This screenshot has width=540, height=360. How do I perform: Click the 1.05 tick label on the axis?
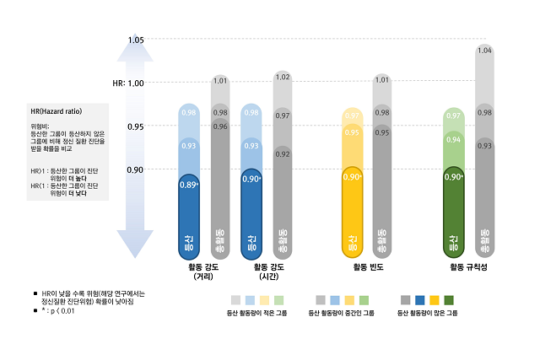pyautogui.click(x=135, y=40)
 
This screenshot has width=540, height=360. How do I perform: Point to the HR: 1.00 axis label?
pyautogui.click(x=129, y=83)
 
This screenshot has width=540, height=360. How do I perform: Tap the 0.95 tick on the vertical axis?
pyautogui.click(x=135, y=126)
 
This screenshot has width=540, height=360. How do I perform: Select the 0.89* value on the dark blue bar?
pyautogui.click(x=189, y=184)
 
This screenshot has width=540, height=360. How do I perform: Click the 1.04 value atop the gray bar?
pyautogui.click(x=484, y=51)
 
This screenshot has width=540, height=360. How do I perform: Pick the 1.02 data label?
pyautogui.click(x=283, y=78)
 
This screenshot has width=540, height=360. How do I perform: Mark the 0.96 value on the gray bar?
pyautogui.click(x=220, y=126)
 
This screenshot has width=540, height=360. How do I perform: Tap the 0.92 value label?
pyautogui.click(x=283, y=154)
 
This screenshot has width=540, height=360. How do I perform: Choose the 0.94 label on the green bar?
pyautogui.click(x=453, y=140)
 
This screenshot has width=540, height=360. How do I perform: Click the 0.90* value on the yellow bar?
pyautogui.click(x=352, y=176)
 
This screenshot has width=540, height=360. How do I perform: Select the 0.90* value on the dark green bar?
pyautogui.click(x=453, y=176)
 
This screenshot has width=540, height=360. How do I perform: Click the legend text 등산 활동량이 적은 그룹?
pyautogui.click(x=256, y=313)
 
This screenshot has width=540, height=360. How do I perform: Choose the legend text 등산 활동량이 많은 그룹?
pyautogui.click(x=427, y=313)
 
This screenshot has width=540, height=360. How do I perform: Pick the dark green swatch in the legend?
pyautogui.click(x=449, y=300)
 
